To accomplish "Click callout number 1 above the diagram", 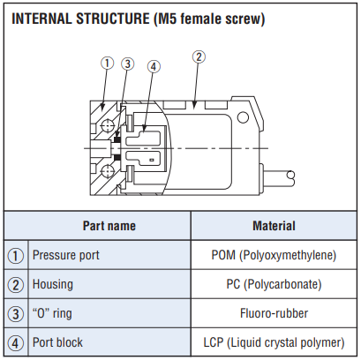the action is coord(107,63).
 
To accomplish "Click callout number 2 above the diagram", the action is coord(199,57).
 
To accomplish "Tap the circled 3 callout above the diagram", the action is coord(128,64).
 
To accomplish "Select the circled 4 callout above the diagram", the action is coord(154,67).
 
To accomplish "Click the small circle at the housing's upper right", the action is coord(243,117).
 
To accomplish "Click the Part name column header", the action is coord(109,226).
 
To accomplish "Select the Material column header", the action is coord(274,226).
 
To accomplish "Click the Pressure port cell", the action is coord(66,255).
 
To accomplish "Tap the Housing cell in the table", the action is coord(53,284).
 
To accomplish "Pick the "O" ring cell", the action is coord(52,313).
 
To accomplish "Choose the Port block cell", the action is coord(57,342).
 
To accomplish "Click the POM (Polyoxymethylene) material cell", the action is coord(274,255).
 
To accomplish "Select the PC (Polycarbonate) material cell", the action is coord(274,284).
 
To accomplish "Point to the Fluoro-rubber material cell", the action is coord(274,313).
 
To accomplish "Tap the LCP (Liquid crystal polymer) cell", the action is coord(274,342).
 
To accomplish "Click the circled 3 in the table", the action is coord(16,314).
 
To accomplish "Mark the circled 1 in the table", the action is coord(16,256).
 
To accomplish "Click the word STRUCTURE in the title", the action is coord(113,19).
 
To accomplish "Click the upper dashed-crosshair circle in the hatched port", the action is coord(107,126).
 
